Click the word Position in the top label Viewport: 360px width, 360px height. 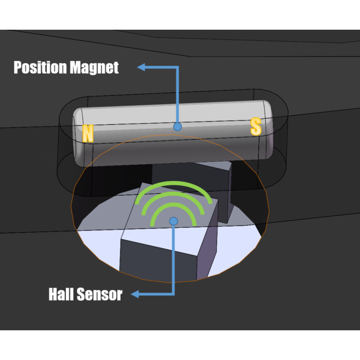pyautogui.click(x=40, y=67)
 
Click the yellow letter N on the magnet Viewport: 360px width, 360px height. pyautogui.click(x=88, y=134)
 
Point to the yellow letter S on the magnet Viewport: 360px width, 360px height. pyautogui.click(x=256, y=127)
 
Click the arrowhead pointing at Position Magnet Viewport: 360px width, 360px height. pyautogui.click(x=140, y=67)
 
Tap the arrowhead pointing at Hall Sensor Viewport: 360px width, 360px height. pyautogui.click(x=134, y=295)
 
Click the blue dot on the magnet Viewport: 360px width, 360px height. pyautogui.click(x=177, y=127)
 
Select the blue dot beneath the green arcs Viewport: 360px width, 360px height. pyautogui.click(x=173, y=220)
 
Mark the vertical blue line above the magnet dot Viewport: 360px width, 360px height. pyautogui.click(x=178, y=94)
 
